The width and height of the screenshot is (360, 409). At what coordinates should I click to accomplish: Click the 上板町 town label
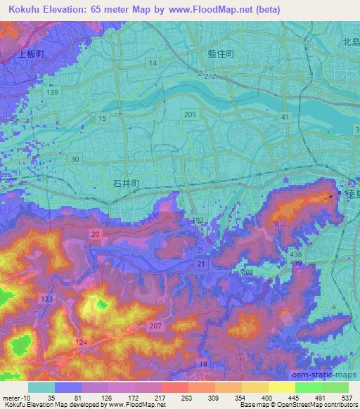coord(31,53)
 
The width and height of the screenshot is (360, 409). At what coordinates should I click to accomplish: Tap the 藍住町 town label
coord(220,53)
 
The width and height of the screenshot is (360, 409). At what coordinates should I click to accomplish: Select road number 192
coord(199,220)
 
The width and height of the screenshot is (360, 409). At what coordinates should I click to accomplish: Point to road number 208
coord(246,271)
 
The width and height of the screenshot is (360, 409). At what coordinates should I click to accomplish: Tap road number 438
coord(297,253)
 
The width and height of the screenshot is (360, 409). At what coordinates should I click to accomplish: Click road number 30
coord(75,159)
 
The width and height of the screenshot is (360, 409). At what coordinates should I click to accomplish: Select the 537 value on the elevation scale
coord(346,397)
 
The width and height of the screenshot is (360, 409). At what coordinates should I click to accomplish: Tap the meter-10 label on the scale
coord(15,397)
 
